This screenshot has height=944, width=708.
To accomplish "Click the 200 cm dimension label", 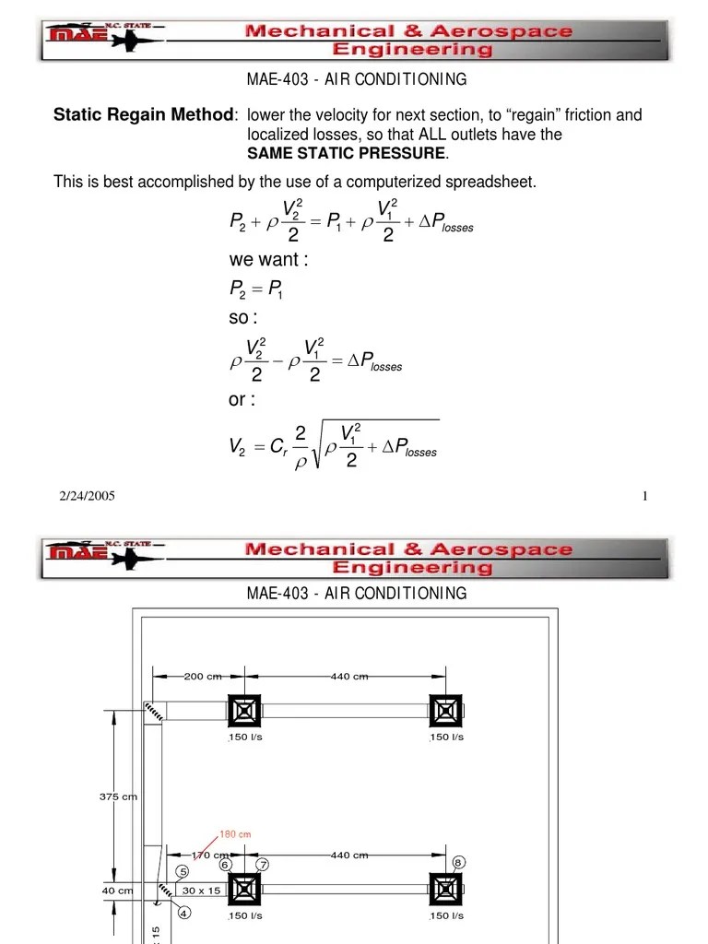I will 203,676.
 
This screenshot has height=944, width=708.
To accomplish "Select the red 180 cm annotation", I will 234,834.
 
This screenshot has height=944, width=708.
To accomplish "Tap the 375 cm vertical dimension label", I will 118,797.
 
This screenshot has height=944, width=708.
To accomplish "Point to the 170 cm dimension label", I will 209,855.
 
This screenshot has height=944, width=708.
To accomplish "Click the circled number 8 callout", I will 459,862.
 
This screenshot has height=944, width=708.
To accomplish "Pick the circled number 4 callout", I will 183,914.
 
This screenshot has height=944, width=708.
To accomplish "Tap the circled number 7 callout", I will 263,865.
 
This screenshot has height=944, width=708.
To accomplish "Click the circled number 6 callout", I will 225,865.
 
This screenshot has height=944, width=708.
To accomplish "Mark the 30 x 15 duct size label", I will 201,891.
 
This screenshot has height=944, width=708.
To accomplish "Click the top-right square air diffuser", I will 446,711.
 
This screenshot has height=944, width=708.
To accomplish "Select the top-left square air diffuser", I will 244,711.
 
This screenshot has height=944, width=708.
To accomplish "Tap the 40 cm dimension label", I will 117,891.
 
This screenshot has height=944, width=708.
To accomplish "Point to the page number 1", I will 645,497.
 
